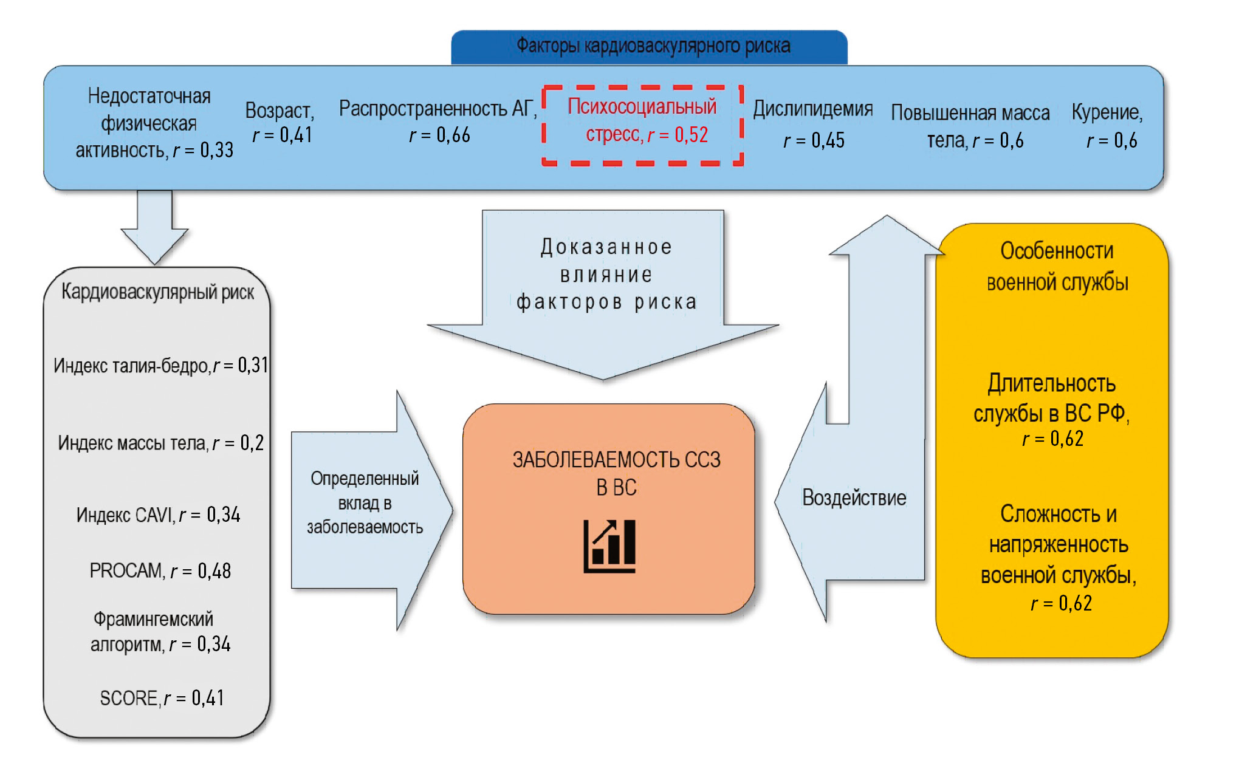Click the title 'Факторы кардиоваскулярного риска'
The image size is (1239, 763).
pyautogui.click(x=653, y=46)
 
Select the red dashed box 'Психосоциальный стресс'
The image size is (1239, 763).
pyautogui.click(x=642, y=125)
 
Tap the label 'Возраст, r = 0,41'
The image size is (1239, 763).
pyautogui.click(x=281, y=123)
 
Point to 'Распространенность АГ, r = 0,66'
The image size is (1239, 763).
pyautogui.click(x=438, y=121)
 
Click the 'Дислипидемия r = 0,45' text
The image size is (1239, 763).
pyautogui.click(x=813, y=125)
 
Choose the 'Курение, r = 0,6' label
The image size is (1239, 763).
pyautogui.click(x=1108, y=126)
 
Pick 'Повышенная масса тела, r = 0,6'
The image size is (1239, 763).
pyautogui.click(x=971, y=126)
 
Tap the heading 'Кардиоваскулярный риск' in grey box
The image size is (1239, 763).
pyautogui.click(x=158, y=292)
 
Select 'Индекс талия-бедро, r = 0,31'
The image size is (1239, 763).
pyautogui.click(x=160, y=366)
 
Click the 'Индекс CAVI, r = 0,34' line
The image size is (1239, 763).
pyautogui.click(x=158, y=515)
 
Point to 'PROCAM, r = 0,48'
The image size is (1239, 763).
pyautogui.click(x=160, y=571)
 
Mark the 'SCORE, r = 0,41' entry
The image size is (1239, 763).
pyautogui.click(x=162, y=698)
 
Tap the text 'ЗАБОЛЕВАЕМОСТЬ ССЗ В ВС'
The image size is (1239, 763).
pyautogui.click(x=616, y=473)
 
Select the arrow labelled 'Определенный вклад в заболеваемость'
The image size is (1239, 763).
pyautogui.click(x=365, y=503)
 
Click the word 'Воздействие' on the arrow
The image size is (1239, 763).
pyautogui.click(x=854, y=498)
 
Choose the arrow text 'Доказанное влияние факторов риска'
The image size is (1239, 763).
pyautogui.click(x=606, y=275)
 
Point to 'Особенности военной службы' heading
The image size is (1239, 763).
pyautogui.click(x=1057, y=267)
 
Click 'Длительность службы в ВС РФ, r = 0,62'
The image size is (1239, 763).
pyautogui.click(x=1052, y=410)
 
